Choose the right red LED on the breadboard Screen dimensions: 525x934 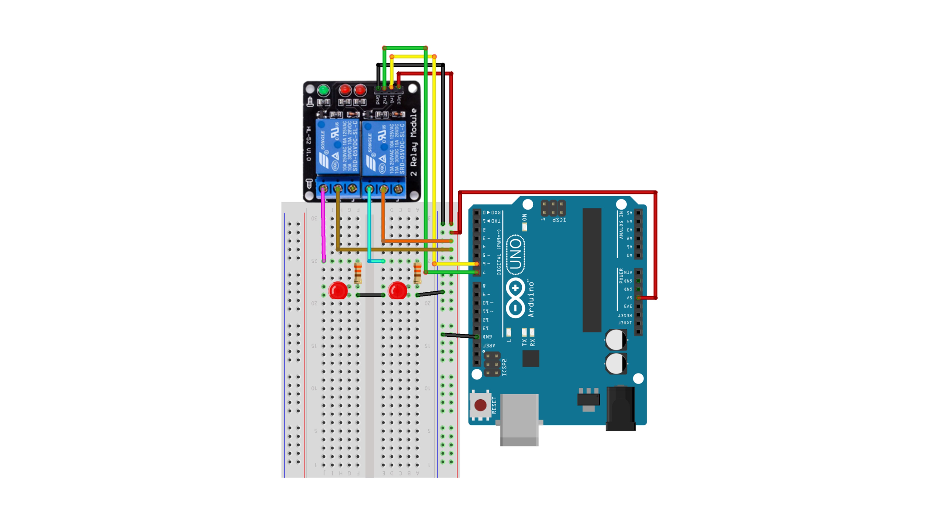397,290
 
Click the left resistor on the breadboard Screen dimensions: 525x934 358,273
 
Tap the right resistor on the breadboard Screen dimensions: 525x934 417,273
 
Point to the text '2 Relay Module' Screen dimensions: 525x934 414,142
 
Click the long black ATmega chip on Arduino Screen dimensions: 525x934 592,270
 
